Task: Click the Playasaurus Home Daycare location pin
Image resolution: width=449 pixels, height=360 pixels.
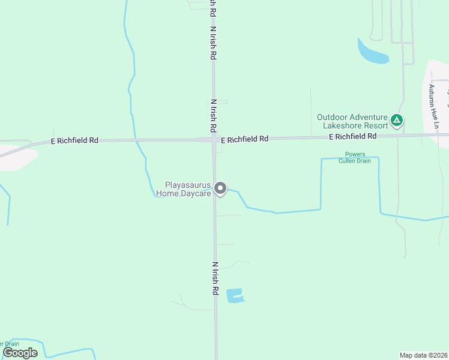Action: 220,188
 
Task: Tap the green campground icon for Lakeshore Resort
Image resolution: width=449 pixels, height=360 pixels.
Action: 396,121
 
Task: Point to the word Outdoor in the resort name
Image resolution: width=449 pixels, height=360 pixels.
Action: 333,118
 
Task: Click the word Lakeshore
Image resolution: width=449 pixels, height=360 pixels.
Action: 343,126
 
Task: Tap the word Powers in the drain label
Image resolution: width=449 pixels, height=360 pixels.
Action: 355,154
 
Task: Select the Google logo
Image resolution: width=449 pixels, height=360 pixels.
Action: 20,353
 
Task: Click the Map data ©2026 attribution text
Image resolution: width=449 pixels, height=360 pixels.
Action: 423,355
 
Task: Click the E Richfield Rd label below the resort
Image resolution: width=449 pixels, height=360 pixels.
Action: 352,137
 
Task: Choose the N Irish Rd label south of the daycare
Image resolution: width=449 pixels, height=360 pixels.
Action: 214,278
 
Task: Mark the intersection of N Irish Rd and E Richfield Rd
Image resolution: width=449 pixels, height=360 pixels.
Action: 214,139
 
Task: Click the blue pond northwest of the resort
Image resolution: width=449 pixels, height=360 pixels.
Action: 372,53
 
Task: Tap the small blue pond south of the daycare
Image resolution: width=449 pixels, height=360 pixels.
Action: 235,295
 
